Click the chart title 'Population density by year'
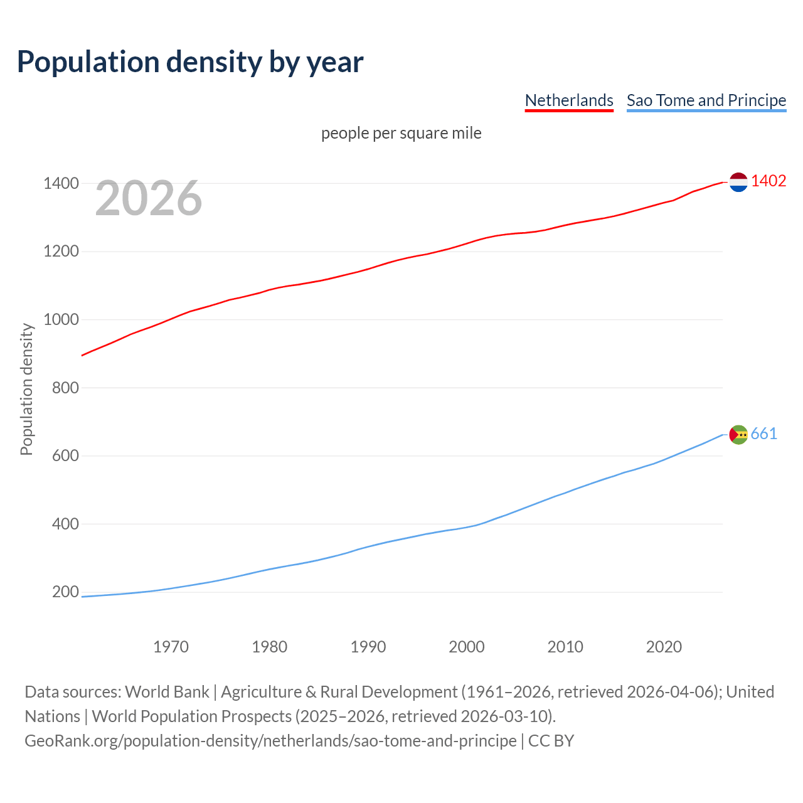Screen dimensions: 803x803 pyautogui.click(x=190, y=61)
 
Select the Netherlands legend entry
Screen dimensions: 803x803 pyautogui.click(x=569, y=100)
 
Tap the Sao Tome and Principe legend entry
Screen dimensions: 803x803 pyautogui.click(x=706, y=100)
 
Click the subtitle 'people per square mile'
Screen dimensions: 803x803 pyautogui.click(x=401, y=134)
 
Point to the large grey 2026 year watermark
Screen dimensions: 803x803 pyautogui.click(x=149, y=198)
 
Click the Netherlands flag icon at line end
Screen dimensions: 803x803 pyautogui.click(x=738, y=182)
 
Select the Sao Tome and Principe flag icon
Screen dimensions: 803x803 pyautogui.click(x=738, y=434)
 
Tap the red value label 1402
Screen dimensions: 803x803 pyautogui.click(x=768, y=181)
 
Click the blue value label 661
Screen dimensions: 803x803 pyautogui.click(x=764, y=434)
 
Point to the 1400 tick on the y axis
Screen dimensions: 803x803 pyautogui.click(x=61, y=184)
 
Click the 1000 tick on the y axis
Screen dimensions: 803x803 pyautogui.click(x=61, y=320)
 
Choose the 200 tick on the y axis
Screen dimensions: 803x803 pyautogui.click(x=65, y=592)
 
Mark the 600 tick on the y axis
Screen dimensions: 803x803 pyautogui.click(x=65, y=456)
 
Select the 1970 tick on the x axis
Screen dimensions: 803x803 pyautogui.click(x=171, y=647)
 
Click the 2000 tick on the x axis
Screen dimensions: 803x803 pyautogui.click(x=467, y=647)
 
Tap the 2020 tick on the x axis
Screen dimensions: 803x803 pyautogui.click(x=664, y=647)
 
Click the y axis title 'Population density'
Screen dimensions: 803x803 pyautogui.click(x=26, y=389)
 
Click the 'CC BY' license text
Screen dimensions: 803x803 pyautogui.click(x=551, y=741)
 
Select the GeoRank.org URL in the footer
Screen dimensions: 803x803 pyautogui.click(x=270, y=741)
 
